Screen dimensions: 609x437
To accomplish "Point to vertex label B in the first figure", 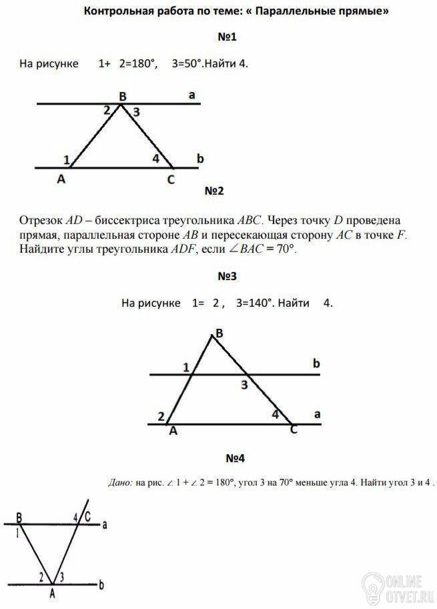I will click(x=122, y=97).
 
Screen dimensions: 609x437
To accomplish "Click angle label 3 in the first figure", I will click(x=136, y=113).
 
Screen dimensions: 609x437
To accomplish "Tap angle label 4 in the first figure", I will click(x=155, y=159).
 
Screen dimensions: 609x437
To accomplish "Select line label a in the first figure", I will click(x=192, y=96).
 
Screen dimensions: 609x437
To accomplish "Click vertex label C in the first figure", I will click(x=171, y=179).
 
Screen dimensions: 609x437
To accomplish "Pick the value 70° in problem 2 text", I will click(x=282, y=249).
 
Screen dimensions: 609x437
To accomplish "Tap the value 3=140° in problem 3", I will click(x=255, y=302).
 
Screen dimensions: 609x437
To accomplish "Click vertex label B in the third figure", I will click(x=219, y=333).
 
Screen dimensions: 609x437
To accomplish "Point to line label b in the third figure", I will click(x=316, y=364).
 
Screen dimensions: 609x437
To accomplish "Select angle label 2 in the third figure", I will click(x=161, y=417).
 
